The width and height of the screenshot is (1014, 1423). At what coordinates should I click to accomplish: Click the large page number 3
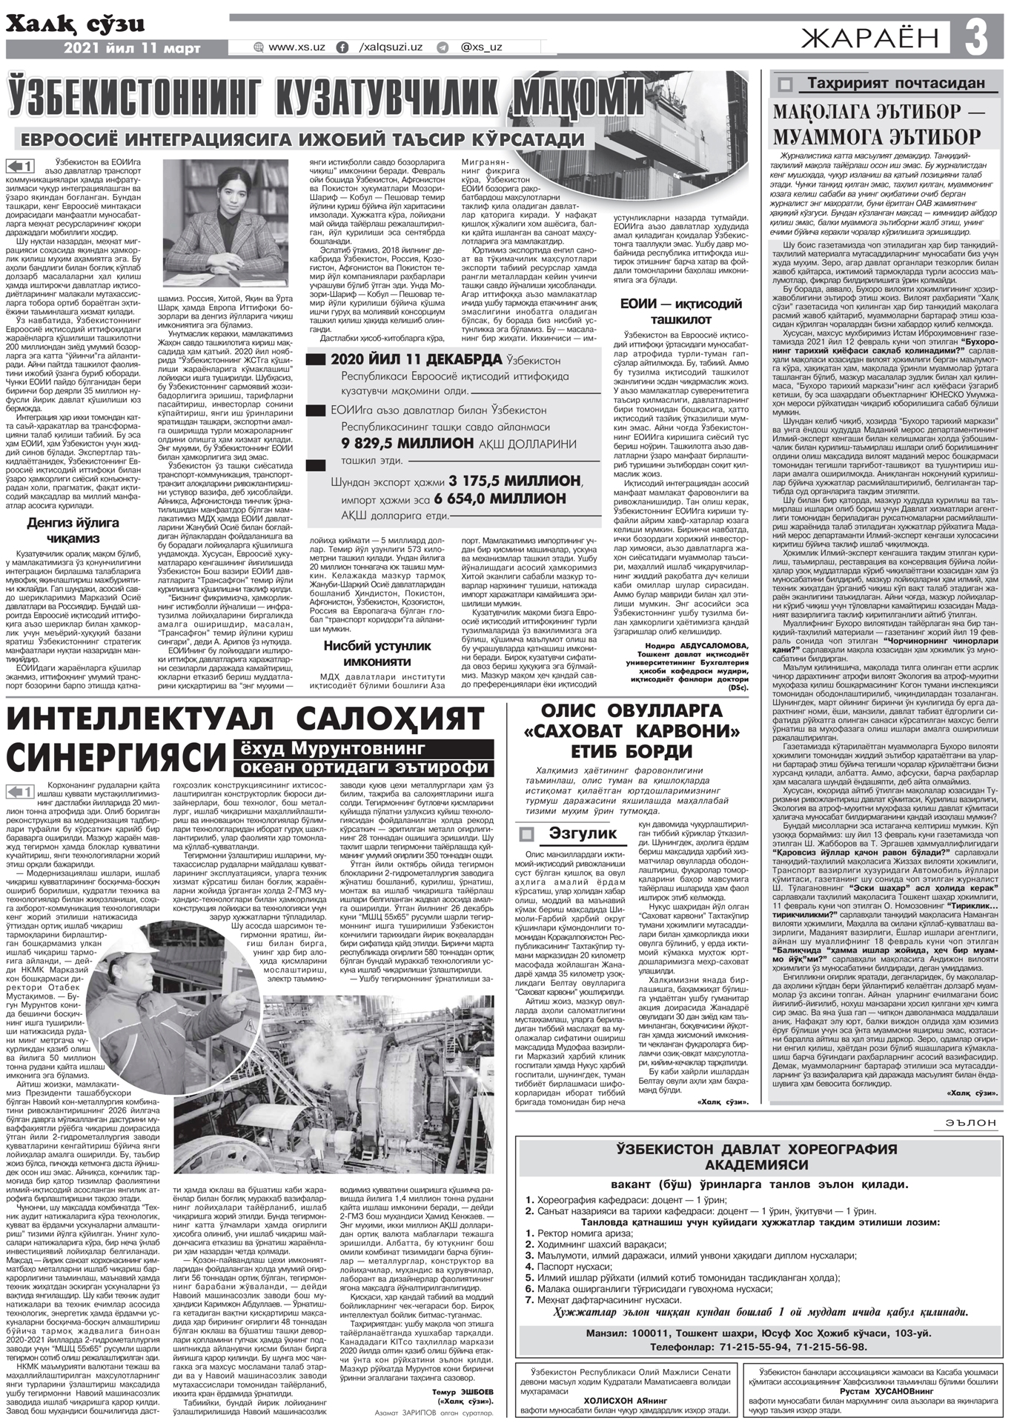click(x=979, y=36)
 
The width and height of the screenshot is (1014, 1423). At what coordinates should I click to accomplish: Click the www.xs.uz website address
click(x=296, y=47)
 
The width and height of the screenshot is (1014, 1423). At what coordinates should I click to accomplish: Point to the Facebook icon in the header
click(x=342, y=47)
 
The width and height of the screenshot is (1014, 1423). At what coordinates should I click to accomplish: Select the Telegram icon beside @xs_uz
click(x=443, y=47)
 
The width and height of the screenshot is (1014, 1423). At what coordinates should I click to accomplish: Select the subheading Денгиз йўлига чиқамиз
click(x=73, y=530)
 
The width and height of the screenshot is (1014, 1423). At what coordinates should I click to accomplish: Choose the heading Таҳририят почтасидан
click(x=895, y=83)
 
